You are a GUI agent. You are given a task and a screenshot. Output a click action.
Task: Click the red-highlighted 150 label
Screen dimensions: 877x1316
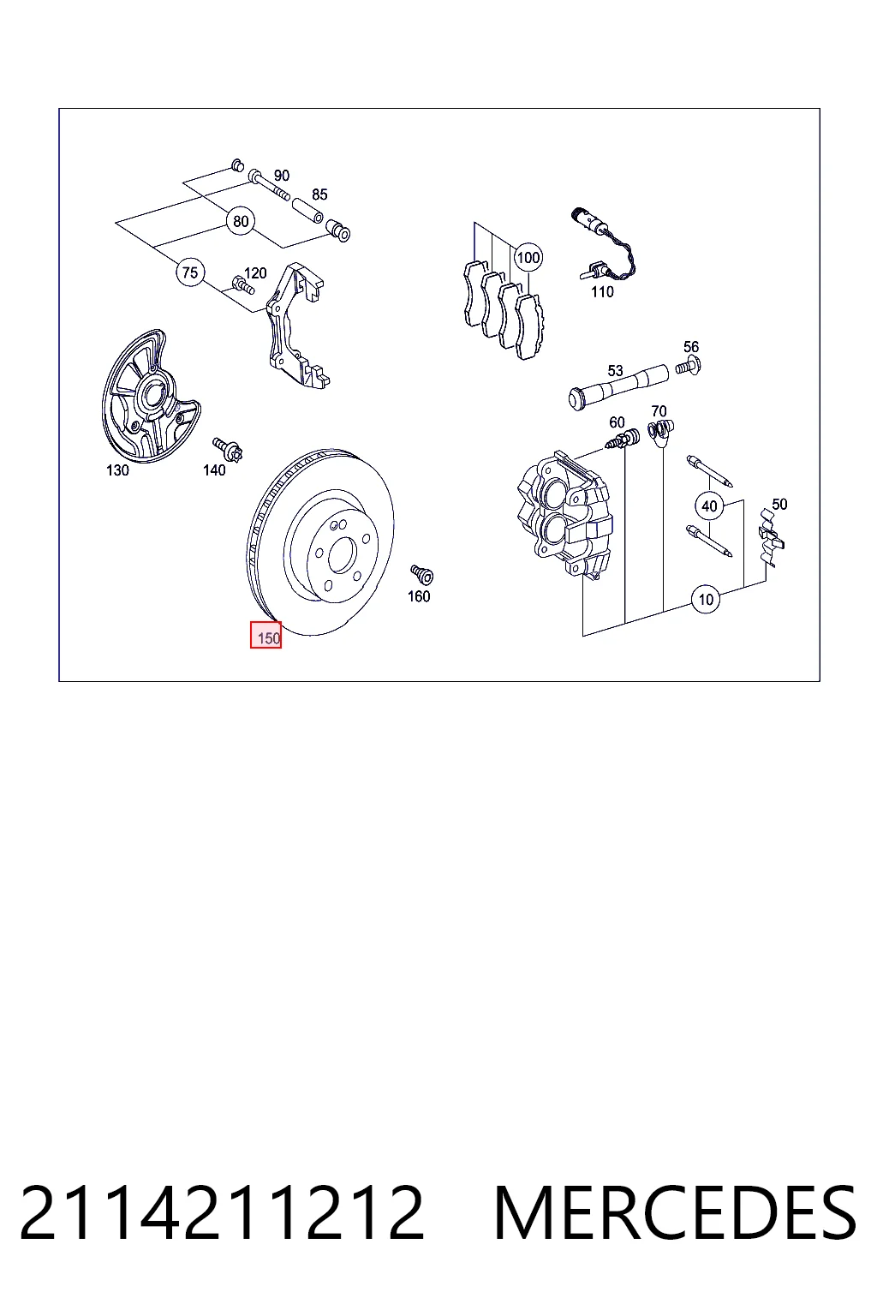pyautogui.click(x=266, y=635)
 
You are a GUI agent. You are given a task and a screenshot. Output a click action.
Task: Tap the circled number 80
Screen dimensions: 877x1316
pyautogui.click(x=241, y=222)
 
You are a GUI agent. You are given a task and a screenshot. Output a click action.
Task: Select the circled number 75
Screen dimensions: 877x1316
pyautogui.click(x=190, y=272)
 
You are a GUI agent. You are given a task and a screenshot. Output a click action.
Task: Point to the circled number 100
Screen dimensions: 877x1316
pyautogui.click(x=528, y=257)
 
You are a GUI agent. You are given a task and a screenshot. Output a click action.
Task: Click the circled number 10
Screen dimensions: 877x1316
pyautogui.click(x=706, y=599)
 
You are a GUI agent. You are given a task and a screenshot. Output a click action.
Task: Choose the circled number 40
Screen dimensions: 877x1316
pyautogui.click(x=710, y=505)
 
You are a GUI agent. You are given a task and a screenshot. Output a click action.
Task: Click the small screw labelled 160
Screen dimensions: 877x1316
pyautogui.click(x=421, y=574)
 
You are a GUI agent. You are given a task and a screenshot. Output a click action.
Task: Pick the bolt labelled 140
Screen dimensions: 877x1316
pyautogui.click(x=228, y=450)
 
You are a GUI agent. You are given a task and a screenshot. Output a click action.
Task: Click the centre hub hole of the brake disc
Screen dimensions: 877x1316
pyautogui.click(x=343, y=555)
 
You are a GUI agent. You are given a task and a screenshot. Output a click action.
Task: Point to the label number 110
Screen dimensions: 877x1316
pyautogui.click(x=602, y=291)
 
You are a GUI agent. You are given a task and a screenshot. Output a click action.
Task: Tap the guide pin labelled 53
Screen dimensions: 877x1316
pyautogui.click(x=618, y=388)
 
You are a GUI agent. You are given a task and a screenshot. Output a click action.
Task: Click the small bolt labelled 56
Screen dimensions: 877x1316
pyautogui.click(x=689, y=366)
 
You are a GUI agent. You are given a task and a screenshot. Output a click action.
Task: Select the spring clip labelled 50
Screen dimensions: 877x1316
pyautogui.click(x=771, y=537)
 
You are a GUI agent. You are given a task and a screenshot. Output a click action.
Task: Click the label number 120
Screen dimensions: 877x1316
pyautogui.click(x=255, y=273)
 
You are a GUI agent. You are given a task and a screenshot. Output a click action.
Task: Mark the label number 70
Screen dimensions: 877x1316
pyautogui.click(x=659, y=411)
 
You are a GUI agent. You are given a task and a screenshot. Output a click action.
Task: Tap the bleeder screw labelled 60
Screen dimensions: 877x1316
pyautogui.click(x=622, y=440)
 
